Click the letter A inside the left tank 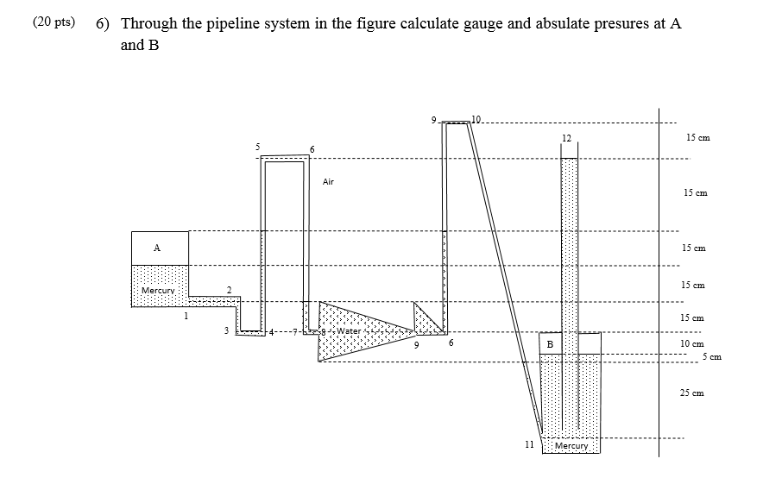(157, 248)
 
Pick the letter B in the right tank (551, 344)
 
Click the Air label (328, 182)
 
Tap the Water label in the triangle (349, 331)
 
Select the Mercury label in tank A (159, 291)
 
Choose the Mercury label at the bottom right (571, 446)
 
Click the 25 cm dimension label (692, 393)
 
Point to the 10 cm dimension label (692, 344)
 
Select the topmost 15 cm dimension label (697, 138)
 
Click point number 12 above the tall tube (566, 138)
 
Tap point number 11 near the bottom (529, 444)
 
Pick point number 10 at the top (476, 118)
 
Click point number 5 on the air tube (257, 147)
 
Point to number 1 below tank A (185, 316)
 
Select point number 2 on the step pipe (229, 290)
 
